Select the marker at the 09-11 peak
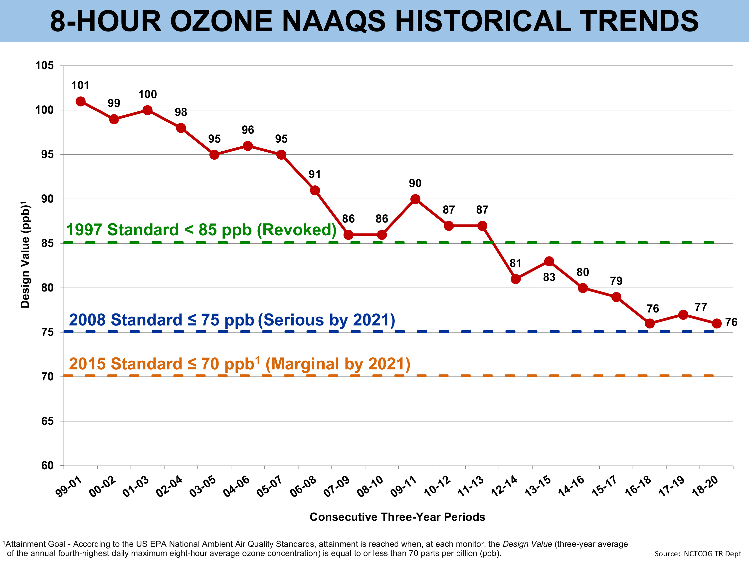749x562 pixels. pyautogui.click(x=415, y=199)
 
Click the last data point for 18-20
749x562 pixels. pyautogui.click(x=717, y=323)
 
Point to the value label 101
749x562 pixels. pyautogui.click(x=80, y=85)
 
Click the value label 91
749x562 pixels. pyautogui.click(x=315, y=174)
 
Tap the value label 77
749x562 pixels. pyautogui.click(x=701, y=307)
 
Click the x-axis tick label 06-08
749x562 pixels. pyautogui.click(x=303, y=487)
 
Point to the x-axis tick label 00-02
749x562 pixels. pyautogui.click(x=103, y=487)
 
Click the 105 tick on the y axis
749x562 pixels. pyautogui.click(x=45, y=65)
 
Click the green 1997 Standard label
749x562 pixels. pyautogui.click(x=201, y=230)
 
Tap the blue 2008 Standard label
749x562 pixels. pyautogui.click(x=232, y=320)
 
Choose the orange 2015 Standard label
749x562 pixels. pyautogui.click(x=239, y=364)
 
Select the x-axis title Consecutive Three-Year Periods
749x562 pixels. pyautogui.click(x=397, y=517)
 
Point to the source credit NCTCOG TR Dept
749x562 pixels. pyautogui.click(x=698, y=554)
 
